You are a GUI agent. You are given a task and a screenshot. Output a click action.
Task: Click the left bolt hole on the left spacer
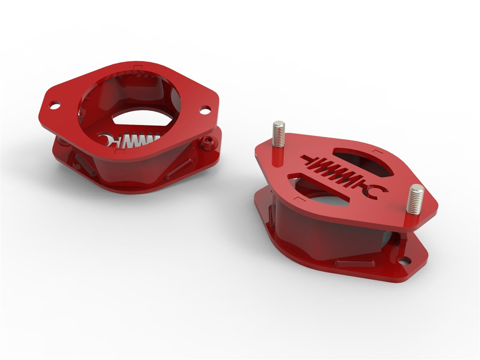55,105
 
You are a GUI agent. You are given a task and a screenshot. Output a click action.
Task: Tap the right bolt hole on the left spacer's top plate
205,110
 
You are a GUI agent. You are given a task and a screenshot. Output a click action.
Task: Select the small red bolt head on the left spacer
207,142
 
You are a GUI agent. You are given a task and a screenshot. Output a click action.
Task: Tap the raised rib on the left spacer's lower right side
178,169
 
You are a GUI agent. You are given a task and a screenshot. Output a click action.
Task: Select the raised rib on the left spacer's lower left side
85,165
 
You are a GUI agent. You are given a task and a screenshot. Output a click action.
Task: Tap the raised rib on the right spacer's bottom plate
354,263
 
